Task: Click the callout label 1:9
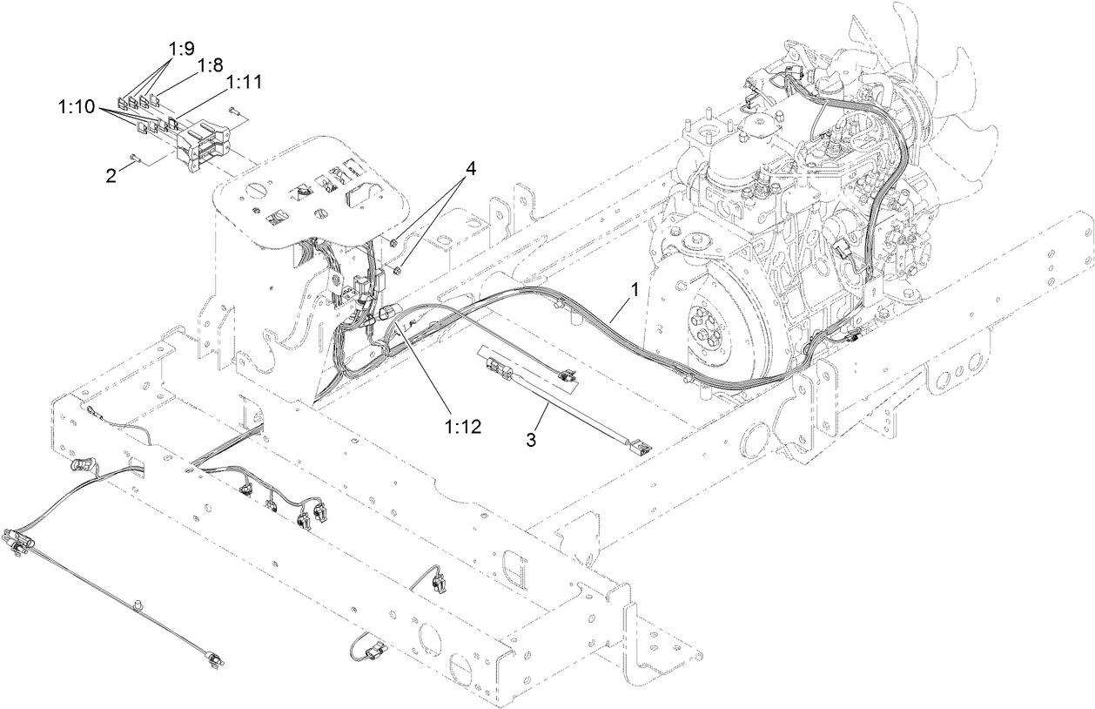(x=182, y=51)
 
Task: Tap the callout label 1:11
(x=245, y=82)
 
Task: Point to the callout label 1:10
(x=76, y=107)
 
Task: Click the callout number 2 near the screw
(x=111, y=175)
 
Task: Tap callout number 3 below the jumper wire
(x=532, y=440)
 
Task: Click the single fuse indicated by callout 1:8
(x=160, y=104)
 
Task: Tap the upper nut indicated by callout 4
(x=394, y=240)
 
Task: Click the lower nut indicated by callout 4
(x=399, y=271)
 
